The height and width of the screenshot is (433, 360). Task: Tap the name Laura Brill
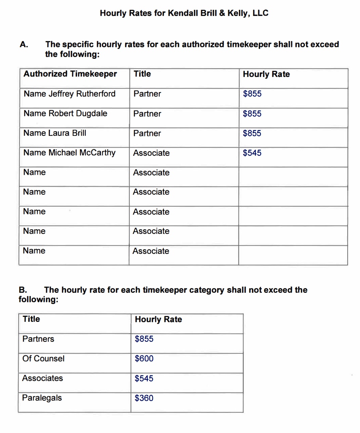coord(67,133)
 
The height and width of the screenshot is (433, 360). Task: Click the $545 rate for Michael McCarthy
coord(252,153)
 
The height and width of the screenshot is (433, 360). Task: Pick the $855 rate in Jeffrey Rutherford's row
coord(252,94)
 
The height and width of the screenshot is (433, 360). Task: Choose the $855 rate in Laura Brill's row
coord(252,133)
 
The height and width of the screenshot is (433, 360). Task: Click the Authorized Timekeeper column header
coord(70,74)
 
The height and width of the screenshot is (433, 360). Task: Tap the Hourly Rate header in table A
coord(266,74)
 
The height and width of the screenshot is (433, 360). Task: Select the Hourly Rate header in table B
coord(158,320)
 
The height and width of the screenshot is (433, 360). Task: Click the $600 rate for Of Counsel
coord(144,359)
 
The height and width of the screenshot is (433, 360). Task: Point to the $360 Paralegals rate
coord(144,398)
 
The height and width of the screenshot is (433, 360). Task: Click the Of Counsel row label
coord(43,359)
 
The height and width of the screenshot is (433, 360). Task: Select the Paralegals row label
coord(42,398)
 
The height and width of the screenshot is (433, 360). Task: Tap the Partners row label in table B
coord(38,339)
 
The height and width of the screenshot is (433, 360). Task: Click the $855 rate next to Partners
coord(144,339)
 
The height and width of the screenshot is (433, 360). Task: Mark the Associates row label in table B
coord(43,378)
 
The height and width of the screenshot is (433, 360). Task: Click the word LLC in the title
coord(260,13)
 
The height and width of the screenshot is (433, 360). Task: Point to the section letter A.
coord(24,45)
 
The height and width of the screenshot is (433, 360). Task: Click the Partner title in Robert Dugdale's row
coord(147,114)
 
